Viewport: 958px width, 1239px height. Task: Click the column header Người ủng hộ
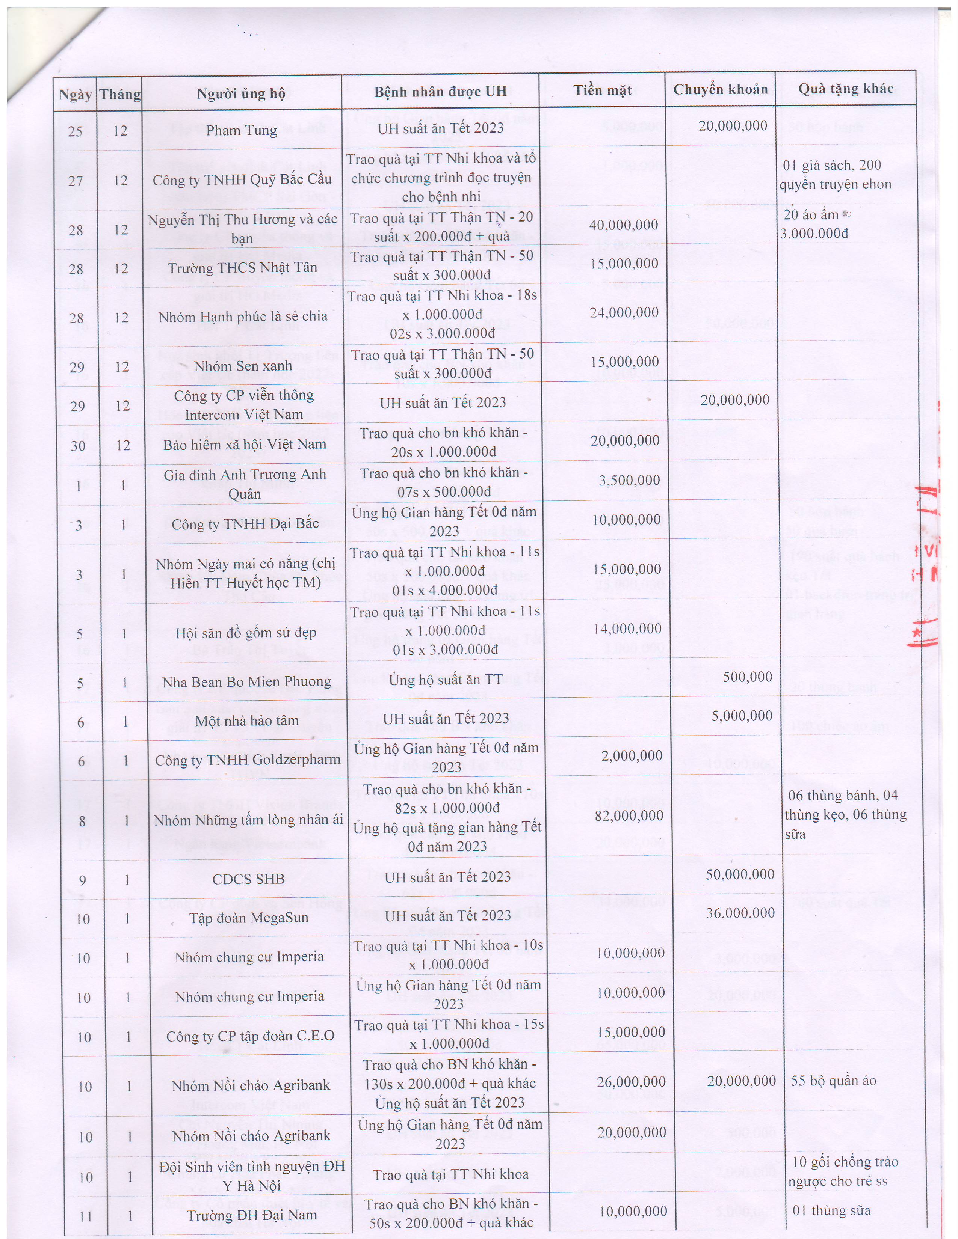coord(241,93)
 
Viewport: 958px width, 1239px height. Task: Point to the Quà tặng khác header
coord(846,89)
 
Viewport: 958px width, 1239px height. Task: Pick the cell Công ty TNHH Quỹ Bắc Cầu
coord(242,180)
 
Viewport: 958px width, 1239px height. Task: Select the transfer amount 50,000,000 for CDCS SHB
coord(740,874)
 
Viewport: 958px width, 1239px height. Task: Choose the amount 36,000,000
coord(740,913)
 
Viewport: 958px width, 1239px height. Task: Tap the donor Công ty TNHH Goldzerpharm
coord(248,760)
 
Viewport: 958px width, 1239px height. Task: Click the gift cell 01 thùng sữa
coord(831,1210)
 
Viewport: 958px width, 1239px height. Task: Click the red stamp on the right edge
coord(931,562)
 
